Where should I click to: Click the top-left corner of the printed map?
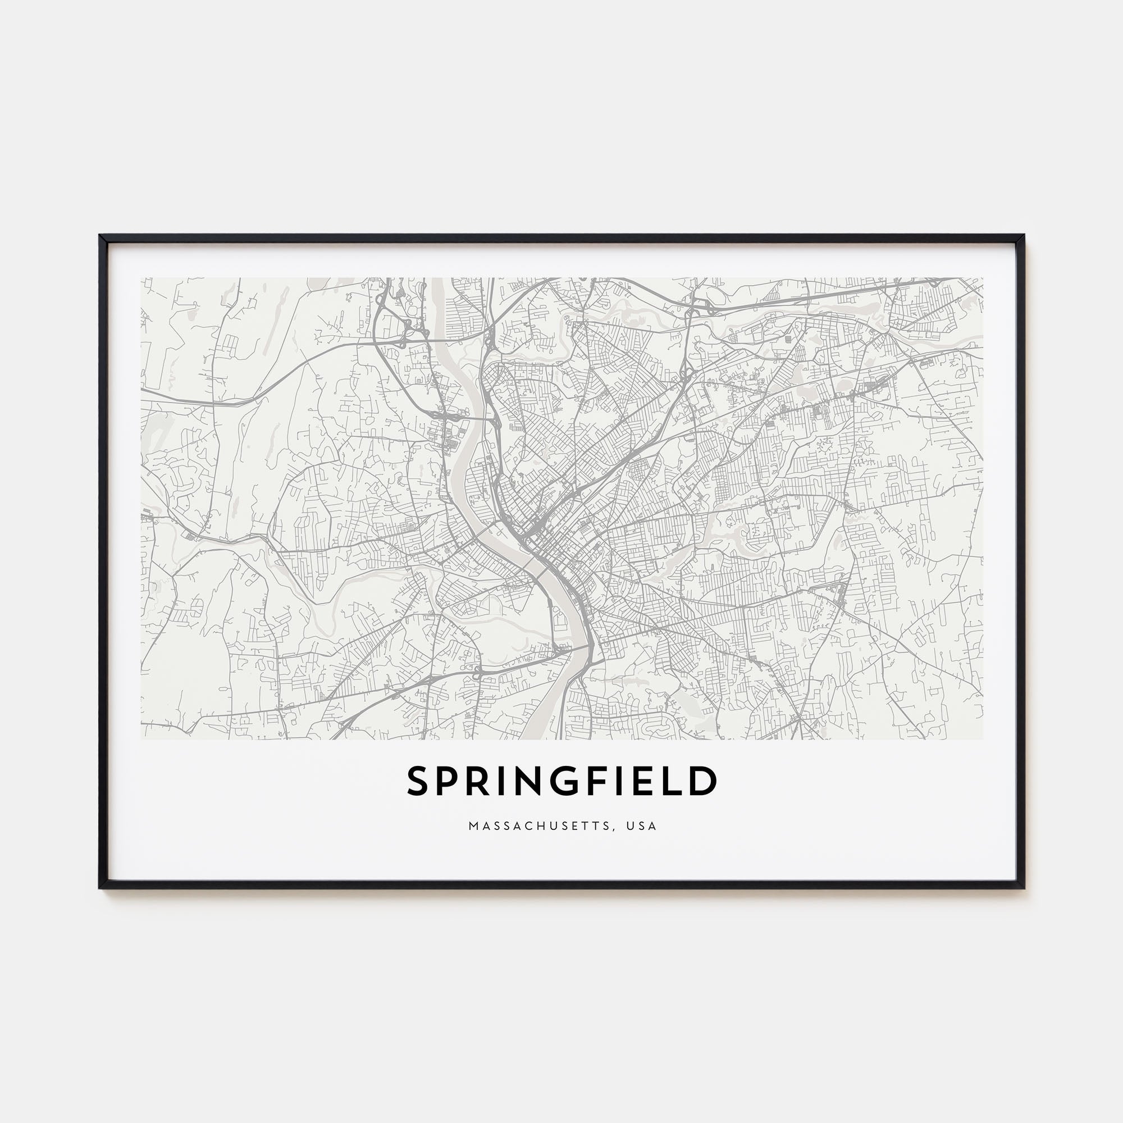pos(141,279)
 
